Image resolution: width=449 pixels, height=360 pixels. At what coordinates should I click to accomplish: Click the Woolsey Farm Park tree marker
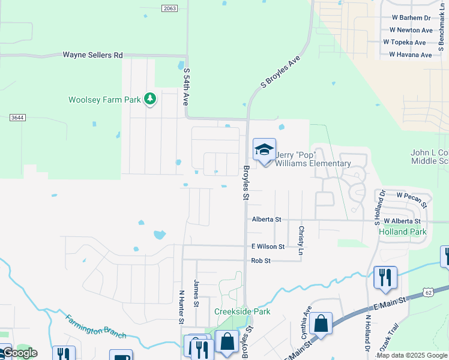(x=149, y=99)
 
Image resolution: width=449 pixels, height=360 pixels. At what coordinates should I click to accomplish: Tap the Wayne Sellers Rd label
(x=92, y=55)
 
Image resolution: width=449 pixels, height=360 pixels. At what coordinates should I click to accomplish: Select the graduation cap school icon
(x=264, y=151)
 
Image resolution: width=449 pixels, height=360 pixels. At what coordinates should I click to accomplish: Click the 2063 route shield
(x=170, y=8)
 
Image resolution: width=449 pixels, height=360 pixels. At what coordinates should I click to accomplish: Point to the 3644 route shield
(x=17, y=118)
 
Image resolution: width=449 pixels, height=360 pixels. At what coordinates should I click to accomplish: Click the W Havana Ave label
(x=411, y=55)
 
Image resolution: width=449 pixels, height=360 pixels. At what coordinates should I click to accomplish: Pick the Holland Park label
(x=402, y=232)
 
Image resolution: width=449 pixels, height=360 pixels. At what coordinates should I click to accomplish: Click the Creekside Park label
(x=242, y=311)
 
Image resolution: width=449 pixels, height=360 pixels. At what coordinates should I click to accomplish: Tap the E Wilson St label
(x=268, y=247)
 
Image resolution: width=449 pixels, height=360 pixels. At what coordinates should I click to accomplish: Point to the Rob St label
(x=261, y=260)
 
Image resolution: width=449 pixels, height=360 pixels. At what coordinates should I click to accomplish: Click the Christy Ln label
(x=301, y=239)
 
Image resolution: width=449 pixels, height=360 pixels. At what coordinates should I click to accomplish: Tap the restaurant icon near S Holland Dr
(x=385, y=277)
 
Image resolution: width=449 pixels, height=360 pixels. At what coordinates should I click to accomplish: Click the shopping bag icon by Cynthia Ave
(x=321, y=323)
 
